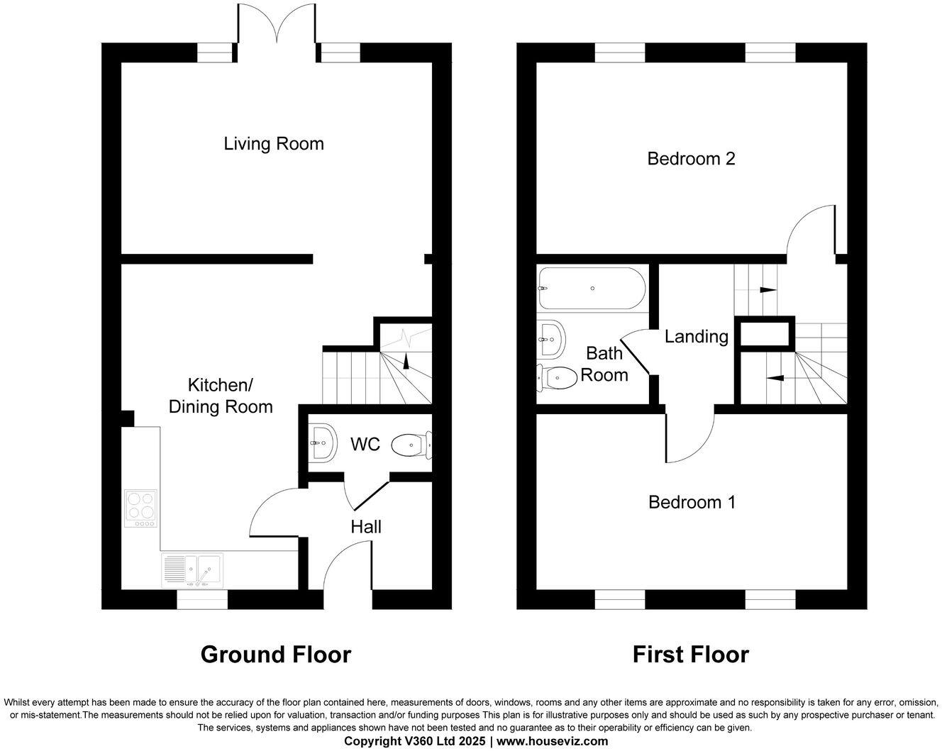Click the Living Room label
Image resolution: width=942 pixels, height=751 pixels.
pyautogui.click(x=274, y=144)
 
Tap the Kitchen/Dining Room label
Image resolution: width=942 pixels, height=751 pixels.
pyautogui.click(x=220, y=396)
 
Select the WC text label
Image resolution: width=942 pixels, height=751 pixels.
pyautogui.click(x=365, y=445)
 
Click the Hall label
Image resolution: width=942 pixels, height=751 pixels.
pyautogui.click(x=366, y=526)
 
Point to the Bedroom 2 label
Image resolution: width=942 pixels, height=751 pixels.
pyautogui.click(x=691, y=158)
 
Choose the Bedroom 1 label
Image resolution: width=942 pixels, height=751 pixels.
pyautogui.click(x=692, y=502)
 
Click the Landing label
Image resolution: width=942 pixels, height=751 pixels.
pyautogui.click(x=696, y=336)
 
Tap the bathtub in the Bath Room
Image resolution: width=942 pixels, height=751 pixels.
pyautogui.click(x=591, y=289)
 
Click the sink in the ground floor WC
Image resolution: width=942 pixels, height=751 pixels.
pyautogui.click(x=321, y=444)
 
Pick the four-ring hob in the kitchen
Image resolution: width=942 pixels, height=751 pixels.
pyautogui.click(x=140, y=508)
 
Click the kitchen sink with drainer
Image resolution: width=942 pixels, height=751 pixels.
pyautogui.click(x=192, y=570)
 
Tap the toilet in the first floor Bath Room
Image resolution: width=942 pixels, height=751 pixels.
pyautogui.click(x=557, y=378)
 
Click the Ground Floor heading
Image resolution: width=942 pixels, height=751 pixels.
pyautogui.click(x=275, y=654)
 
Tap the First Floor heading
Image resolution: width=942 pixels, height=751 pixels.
pyautogui.click(x=690, y=654)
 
